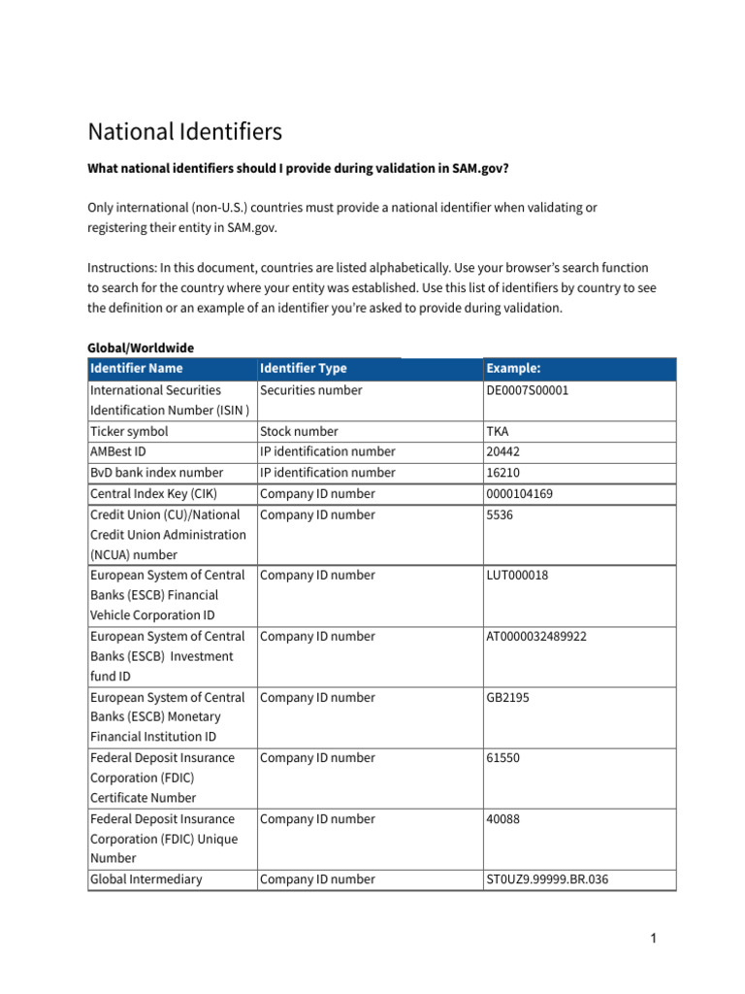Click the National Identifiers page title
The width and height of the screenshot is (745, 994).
(x=184, y=132)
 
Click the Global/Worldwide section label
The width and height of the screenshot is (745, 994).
(x=141, y=348)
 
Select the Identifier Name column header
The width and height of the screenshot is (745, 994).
(x=136, y=369)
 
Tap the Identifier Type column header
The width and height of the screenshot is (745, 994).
(x=304, y=369)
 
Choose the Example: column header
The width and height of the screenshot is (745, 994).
(x=513, y=369)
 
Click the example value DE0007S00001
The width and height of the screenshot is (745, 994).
(x=528, y=390)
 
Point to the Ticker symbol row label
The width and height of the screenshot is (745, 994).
(x=129, y=431)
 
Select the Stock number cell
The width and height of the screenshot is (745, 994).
(x=299, y=431)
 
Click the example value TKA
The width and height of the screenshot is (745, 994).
(x=498, y=431)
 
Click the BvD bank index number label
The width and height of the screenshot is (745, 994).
(x=156, y=473)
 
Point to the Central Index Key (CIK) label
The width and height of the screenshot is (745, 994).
(x=153, y=494)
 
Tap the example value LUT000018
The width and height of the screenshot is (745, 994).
(x=517, y=576)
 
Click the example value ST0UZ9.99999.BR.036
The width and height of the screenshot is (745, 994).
(x=547, y=879)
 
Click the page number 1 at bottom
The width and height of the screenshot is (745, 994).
(x=654, y=938)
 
